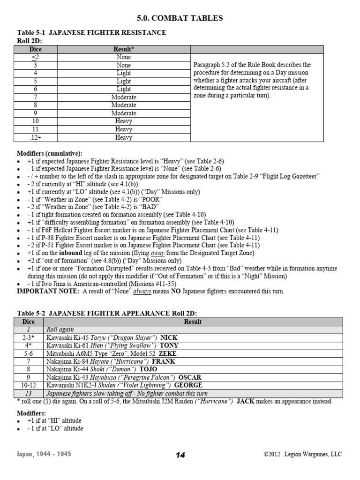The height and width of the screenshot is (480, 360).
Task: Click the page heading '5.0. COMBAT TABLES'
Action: point(180,18)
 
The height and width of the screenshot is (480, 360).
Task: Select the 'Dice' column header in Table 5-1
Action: point(36,49)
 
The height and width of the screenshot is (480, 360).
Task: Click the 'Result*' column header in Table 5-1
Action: point(124,49)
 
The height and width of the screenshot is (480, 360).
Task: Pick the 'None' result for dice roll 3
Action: point(124,65)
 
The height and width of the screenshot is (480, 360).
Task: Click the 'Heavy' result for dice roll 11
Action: point(124,129)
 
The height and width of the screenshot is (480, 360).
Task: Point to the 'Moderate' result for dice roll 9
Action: point(124,113)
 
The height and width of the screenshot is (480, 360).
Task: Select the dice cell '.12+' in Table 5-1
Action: point(36,137)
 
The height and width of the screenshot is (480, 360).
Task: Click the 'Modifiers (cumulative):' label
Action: point(50,153)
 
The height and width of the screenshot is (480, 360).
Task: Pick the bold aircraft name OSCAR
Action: point(191,377)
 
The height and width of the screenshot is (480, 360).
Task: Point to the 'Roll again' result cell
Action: point(60,330)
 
